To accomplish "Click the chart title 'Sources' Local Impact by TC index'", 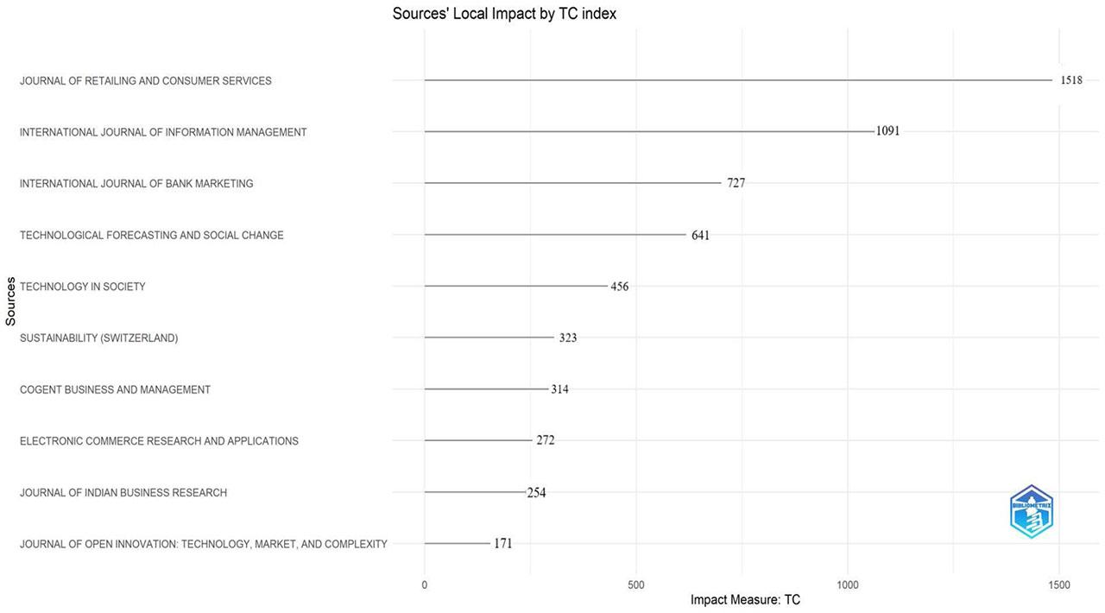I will click(x=504, y=14).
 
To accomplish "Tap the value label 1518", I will click(x=1070, y=80).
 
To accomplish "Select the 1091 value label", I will click(x=887, y=131).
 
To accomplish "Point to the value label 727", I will click(x=736, y=183).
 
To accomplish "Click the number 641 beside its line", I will click(x=700, y=235).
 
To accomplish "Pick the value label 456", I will click(x=619, y=287).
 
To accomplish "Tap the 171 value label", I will click(x=502, y=544).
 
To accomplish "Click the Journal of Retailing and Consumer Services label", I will click(x=145, y=81).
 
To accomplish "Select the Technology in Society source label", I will click(x=83, y=287).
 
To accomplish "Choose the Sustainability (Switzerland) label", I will click(x=98, y=338).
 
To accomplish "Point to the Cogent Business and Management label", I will click(x=115, y=390).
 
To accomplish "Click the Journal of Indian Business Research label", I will click(x=123, y=493).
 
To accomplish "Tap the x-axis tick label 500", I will click(x=635, y=585).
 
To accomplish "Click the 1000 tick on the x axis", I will click(x=848, y=585).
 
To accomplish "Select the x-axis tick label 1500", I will click(x=1058, y=585).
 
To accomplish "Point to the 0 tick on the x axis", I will click(x=424, y=585).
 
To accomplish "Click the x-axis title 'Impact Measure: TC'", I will click(x=745, y=600).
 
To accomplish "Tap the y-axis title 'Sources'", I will click(x=10, y=301).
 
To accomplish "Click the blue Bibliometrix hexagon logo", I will click(x=1031, y=512).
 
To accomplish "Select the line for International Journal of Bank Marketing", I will click(x=572, y=183).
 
